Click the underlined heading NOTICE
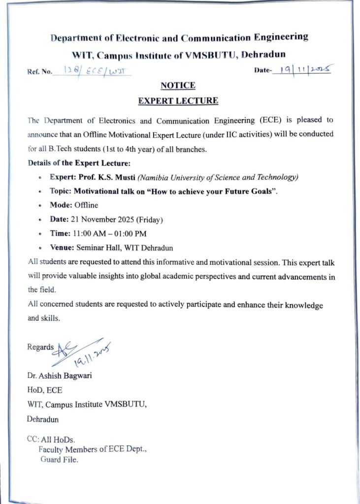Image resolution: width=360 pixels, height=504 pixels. pyautogui.click(x=178, y=86)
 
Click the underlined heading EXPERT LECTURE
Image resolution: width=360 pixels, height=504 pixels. pyautogui.click(x=178, y=101)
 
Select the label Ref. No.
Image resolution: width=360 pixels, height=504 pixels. pyautogui.click(x=39, y=71)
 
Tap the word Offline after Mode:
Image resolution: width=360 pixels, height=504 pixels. pyautogui.click(x=86, y=205)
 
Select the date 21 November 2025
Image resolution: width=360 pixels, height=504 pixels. pyautogui.click(x=102, y=220)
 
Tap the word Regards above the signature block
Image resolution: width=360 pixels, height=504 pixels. pyautogui.click(x=40, y=347)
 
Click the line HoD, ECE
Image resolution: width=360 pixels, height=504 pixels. pyautogui.click(x=44, y=391)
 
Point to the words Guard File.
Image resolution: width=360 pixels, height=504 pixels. pyautogui.click(x=59, y=460)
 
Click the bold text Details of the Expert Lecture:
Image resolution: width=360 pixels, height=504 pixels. pyautogui.click(x=79, y=162)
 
